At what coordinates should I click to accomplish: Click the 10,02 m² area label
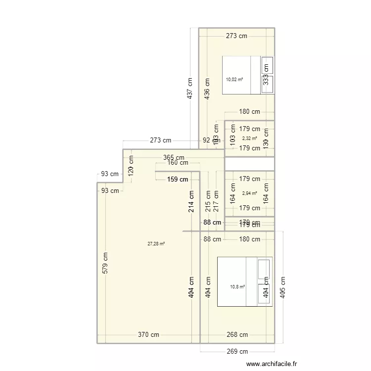(x=234, y=79)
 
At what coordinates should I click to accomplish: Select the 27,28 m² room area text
(x=156, y=243)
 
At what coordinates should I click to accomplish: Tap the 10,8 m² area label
(x=237, y=286)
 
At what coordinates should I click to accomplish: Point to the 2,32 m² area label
(x=249, y=139)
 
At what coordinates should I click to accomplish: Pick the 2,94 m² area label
(x=249, y=193)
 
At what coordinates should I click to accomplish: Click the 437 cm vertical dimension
(x=190, y=88)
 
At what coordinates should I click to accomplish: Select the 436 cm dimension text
(x=208, y=88)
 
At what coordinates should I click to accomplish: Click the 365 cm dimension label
(x=174, y=157)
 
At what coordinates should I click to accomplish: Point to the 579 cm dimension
(x=105, y=263)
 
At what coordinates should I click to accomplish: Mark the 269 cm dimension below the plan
(x=237, y=352)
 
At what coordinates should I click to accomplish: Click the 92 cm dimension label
(x=210, y=140)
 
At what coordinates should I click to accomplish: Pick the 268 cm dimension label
(x=237, y=335)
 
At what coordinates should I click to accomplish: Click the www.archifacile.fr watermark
(x=273, y=364)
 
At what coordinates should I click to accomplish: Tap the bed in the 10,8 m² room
(x=237, y=281)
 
